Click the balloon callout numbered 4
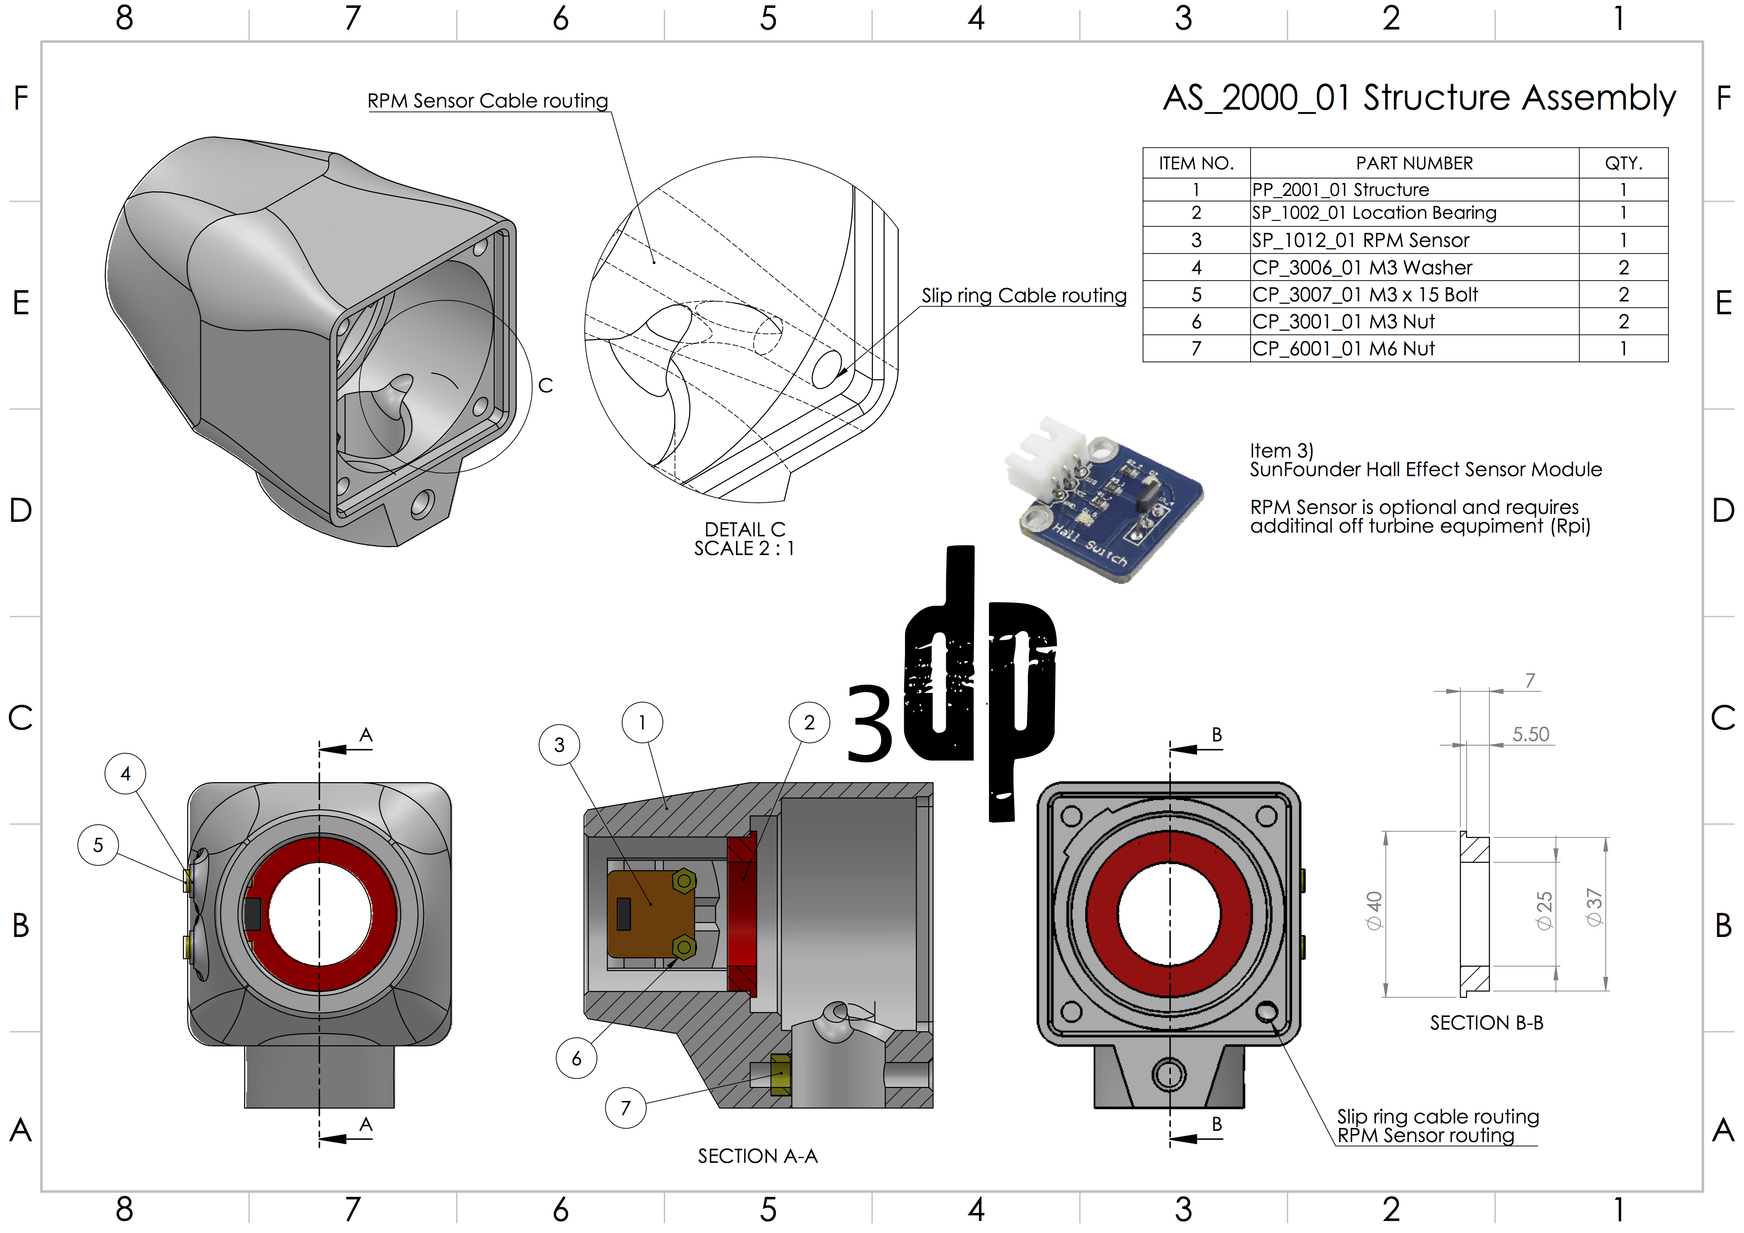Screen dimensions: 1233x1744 [x=125, y=774]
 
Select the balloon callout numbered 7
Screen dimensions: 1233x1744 [x=625, y=1108]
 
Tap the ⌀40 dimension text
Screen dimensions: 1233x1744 [x=1374, y=911]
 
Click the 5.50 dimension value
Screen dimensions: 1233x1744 [x=1530, y=734]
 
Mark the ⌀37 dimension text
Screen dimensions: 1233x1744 [x=1594, y=907]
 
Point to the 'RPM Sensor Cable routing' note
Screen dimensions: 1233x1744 [x=488, y=101]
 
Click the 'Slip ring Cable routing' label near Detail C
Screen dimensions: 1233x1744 [x=1024, y=295]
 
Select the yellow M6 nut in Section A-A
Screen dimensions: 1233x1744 [x=780, y=1074]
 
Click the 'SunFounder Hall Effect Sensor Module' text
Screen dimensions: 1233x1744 [x=1426, y=470]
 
